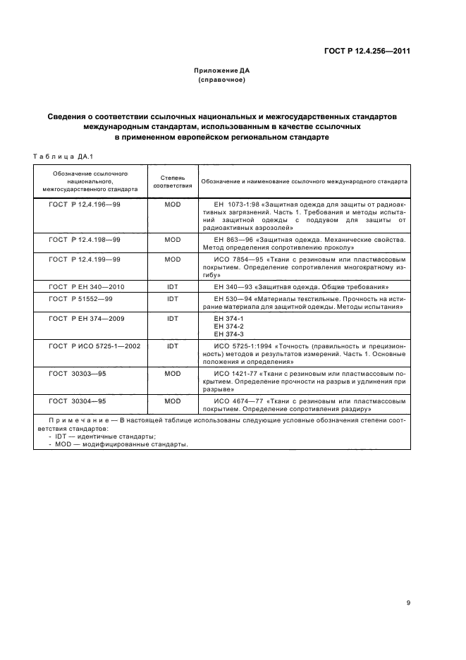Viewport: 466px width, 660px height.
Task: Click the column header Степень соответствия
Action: [x=173, y=181]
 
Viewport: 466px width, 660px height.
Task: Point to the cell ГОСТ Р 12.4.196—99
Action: [x=85, y=204]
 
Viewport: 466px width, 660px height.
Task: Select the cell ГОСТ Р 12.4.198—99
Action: [x=85, y=240]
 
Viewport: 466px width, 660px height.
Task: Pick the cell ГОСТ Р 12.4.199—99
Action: [x=85, y=259]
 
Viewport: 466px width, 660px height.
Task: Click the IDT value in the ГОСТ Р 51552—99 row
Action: [x=173, y=299]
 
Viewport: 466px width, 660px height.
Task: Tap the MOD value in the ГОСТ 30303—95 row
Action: [x=173, y=374]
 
